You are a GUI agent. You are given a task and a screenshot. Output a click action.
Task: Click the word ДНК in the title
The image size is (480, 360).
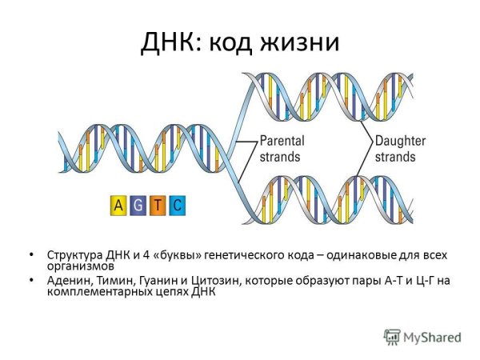click(x=170, y=41)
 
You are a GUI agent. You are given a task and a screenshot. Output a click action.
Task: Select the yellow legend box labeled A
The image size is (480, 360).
click(x=118, y=206)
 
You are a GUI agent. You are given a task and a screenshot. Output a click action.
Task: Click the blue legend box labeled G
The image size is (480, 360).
click(x=138, y=206)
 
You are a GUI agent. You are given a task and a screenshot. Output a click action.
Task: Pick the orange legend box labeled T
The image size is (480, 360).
click(x=158, y=206)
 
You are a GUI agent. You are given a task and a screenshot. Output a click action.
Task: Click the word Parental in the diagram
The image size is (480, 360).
click(x=282, y=141)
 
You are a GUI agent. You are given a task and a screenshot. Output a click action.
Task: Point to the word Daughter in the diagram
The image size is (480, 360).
click(x=399, y=141)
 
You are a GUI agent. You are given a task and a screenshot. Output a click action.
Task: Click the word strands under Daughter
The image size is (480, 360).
click(x=396, y=156)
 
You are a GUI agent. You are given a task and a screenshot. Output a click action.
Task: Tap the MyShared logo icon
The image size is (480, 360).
click(x=392, y=337)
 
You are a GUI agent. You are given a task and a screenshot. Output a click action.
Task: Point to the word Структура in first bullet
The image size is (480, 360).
click(x=74, y=255)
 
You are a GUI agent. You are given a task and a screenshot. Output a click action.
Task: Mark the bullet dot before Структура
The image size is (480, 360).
click(x=31, y=255)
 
